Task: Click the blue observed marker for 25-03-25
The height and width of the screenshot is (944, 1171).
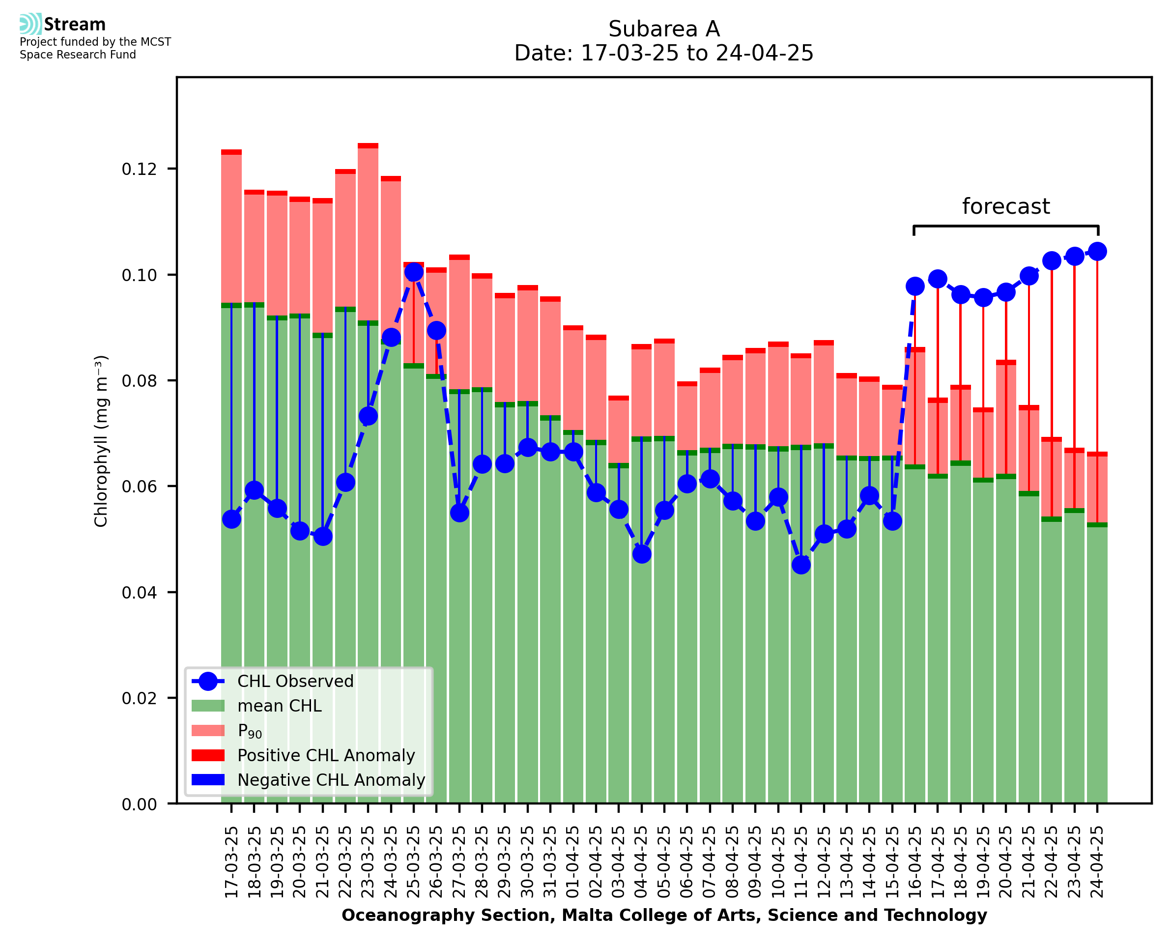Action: (414, 272)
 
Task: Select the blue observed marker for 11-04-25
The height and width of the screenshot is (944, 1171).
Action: (801, 565)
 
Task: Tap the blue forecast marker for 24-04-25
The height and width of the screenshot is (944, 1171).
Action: (1097, 251)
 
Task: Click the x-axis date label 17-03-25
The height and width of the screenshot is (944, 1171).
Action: (231, 862)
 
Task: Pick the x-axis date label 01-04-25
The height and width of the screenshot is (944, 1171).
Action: (573, 862)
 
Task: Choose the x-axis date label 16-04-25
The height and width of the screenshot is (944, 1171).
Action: (915, 862)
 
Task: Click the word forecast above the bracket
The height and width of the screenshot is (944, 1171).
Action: (1006, 206)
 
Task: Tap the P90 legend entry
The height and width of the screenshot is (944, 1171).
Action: (250, 731)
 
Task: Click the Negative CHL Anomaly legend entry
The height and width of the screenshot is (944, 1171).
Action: (331, 780)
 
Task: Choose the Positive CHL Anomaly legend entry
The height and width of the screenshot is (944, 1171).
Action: (326, 755)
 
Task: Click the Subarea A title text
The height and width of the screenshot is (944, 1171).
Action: (664, 29)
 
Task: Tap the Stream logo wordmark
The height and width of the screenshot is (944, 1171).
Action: (75, 25)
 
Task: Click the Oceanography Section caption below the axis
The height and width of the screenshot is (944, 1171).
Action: (664, 915)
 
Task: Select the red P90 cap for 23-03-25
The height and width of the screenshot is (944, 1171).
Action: (368, 146)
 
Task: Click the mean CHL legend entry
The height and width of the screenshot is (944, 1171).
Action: (280, 706)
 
